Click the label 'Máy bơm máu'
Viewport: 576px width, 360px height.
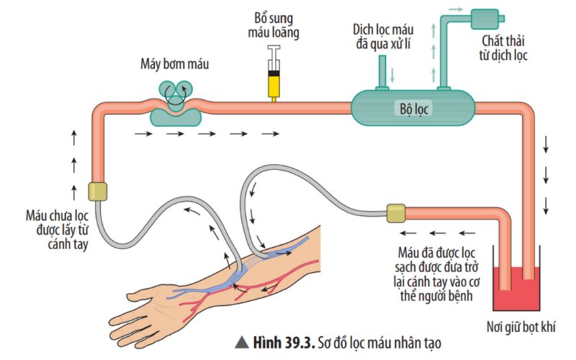(x=174, y=64)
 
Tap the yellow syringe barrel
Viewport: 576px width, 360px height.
(x=274, y=86)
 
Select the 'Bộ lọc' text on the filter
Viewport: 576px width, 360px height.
(x=414, y=109)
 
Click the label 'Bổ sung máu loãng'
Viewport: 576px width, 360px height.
(x=274, y=26)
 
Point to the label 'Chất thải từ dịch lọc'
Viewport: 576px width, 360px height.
(x=503, y=48)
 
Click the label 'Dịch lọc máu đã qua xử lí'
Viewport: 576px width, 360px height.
(x=383, y=37)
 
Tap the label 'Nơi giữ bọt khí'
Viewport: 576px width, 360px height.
(x=521, y=327)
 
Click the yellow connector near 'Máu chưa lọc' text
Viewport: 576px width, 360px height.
(x=98, y=192)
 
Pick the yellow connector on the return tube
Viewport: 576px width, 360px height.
(x=396, y=213)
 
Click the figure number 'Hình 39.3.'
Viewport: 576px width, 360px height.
(x=284, y=343)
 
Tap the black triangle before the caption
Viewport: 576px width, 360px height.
(x=242, y=343)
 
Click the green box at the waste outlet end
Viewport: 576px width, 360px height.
(x=485, y=19)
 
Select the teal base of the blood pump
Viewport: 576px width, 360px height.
(x=176, y=117)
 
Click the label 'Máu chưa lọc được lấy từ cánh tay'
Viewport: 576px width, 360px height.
(x=58, y=230)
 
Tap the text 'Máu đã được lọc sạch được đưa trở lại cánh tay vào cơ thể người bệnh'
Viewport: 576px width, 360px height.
(x=436, y=274)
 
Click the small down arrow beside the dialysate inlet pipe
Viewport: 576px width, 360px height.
(x=392, y=76)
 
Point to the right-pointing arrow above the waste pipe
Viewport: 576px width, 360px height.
(x=456, y=9)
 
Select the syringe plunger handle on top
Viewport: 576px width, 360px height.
(x=274, y=48)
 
